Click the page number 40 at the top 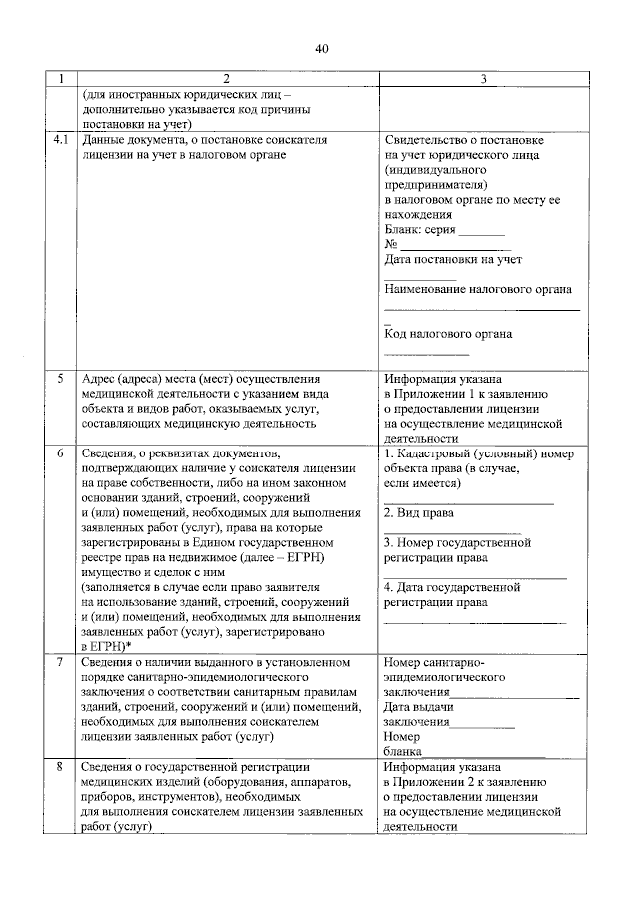[320, 48]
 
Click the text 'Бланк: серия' [420, 229]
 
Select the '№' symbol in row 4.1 [391, 244]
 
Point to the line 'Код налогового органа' [448, 334]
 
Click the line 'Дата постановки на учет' [453, 259]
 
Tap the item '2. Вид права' [419, 513]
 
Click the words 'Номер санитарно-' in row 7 [434, 662]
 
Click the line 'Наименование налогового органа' [478, 289]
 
